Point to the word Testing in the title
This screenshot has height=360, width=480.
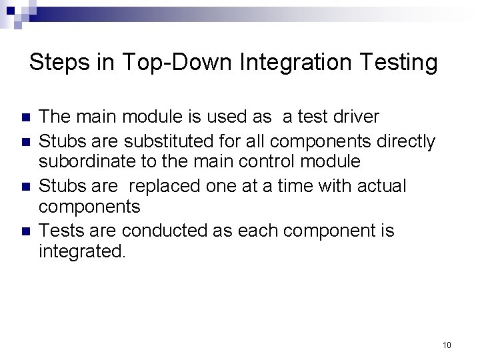[400, 63]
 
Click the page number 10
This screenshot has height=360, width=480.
[447, 345]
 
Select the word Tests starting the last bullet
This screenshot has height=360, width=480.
[60, 231]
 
